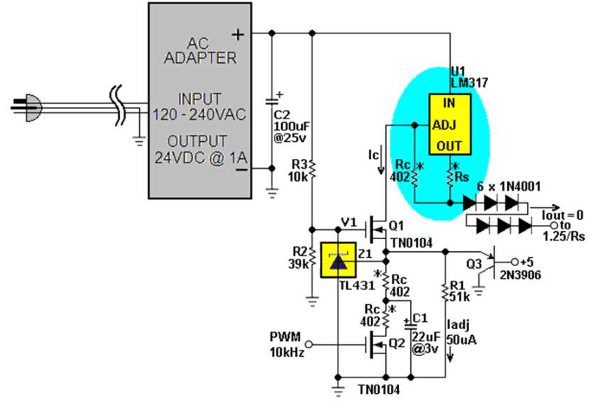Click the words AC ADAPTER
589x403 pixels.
[x=200, y=50]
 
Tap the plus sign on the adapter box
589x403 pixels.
[x=238, y=35]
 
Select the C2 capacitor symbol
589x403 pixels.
[x=273, y=101]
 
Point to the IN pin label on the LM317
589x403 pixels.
[x=449, y=103]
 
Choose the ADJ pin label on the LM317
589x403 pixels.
[x=444, y=125]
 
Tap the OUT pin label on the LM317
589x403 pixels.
[x=449, y=145]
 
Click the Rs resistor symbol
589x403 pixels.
[x=450, y=177]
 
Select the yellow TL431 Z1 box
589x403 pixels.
[x=338, y=260]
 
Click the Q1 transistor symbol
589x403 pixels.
[x=376, y=229]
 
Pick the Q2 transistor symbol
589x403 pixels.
[x=376, y=344]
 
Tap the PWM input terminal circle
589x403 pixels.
[x=309, y=344]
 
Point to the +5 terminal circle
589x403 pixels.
[x=514, y=262]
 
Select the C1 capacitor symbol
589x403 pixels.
[x=411, y=324]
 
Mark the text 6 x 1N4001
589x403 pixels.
[x=509, y=187]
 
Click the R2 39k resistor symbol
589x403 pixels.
[x=312, y=258]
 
